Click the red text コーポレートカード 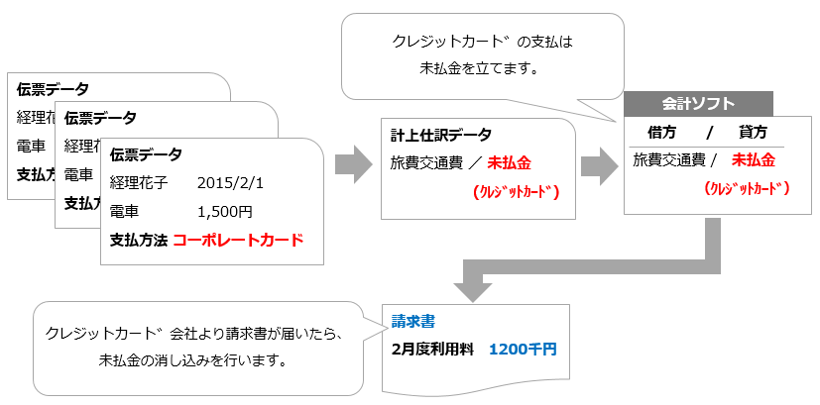(x=238, y=240)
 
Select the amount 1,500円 (x=225, y=211)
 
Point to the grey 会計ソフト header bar (x=698, y=103)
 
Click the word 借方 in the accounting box (x=662, y=133)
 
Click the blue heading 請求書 (x=412, y=322)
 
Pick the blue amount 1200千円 (x=524, y=349)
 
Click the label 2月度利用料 (x=432, y=349)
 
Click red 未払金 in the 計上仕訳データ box (x=512, y=161)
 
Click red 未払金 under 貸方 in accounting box (x=754, y=159)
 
